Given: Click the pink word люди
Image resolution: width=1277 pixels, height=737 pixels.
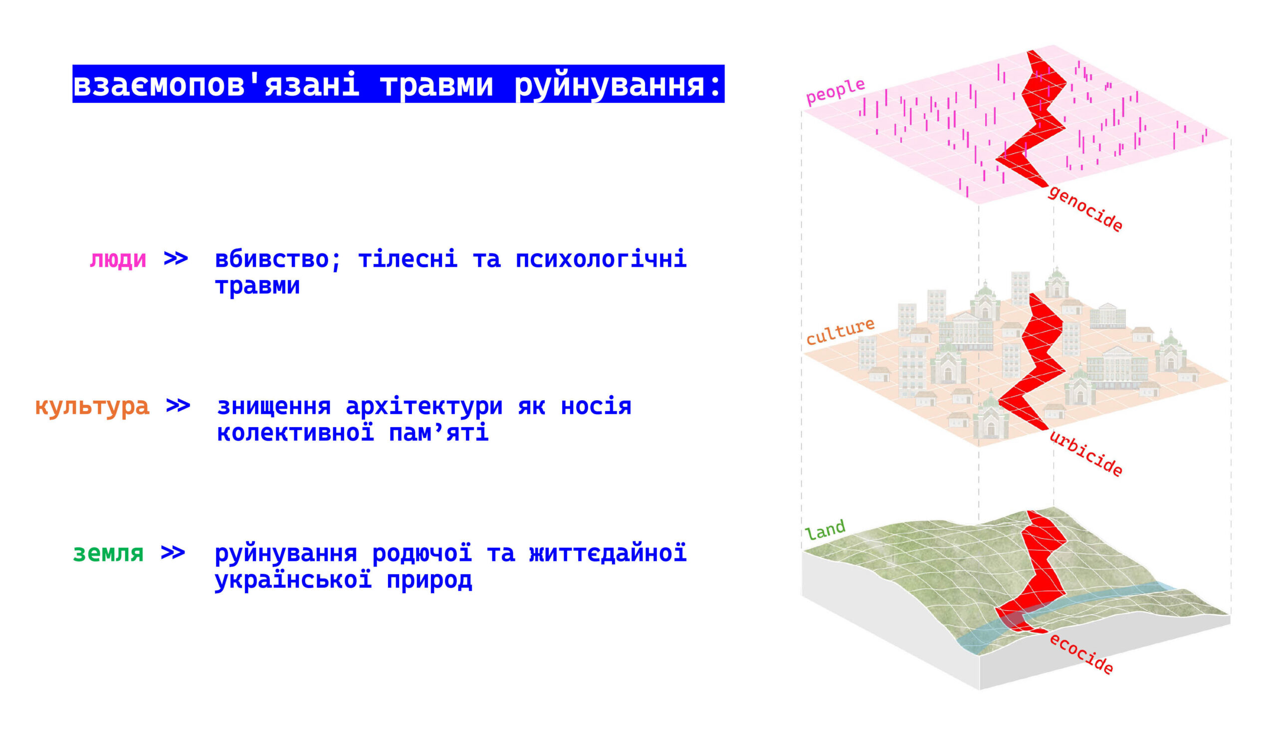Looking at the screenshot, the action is click(118, 259).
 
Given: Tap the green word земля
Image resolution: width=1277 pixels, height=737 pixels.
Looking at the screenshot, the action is click(108, 553).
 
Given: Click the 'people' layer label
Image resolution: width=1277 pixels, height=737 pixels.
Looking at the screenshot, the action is click(836, 91).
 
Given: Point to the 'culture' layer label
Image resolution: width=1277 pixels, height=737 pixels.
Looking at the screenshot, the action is click(841, 331).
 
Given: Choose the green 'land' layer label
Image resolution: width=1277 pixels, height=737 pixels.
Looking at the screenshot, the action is click(825, 530).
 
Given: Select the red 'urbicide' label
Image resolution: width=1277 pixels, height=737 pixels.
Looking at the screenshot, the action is click(1086, 453).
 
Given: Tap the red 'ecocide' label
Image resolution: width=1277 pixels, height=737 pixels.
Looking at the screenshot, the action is click(1081, 654).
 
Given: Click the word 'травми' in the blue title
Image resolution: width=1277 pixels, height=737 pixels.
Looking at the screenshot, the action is click(436, 84).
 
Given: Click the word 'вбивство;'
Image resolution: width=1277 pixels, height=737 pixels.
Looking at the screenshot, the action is click(278, 259).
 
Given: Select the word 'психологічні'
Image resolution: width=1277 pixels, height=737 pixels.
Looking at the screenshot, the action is click(601, 259).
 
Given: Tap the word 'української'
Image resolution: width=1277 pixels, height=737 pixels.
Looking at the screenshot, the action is click(293, 580).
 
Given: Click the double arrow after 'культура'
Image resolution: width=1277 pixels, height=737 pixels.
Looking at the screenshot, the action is click(178, 406).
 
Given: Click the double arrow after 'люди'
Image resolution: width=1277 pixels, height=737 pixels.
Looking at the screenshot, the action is click(176, 258).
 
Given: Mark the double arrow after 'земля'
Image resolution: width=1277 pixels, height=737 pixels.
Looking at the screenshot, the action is click(173, 553).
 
